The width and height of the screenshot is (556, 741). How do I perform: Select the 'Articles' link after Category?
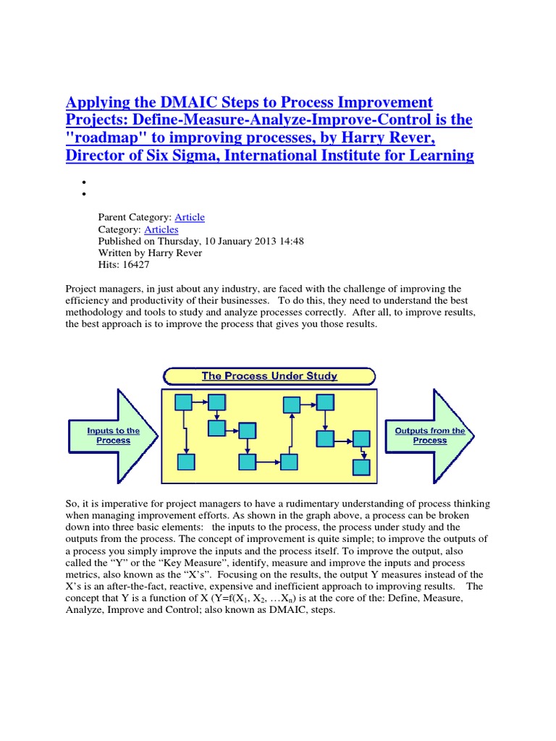pyautogui.click(x=161, y=229)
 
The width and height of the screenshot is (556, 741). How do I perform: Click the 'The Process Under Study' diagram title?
pyautogui.click(x=269, y=376)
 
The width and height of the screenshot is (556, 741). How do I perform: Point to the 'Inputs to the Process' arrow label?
pyautogui.click(x=113, y=436)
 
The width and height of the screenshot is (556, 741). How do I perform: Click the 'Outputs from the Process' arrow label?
pyautogui.click(x=429, y=436)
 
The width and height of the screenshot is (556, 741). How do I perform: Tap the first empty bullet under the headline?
pyautogui.click(x=84, y=182)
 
